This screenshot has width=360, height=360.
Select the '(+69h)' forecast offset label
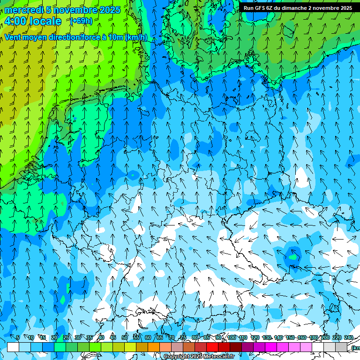(81, 21)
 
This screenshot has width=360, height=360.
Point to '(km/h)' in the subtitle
(136, 37)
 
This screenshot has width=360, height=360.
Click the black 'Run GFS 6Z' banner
(298, 8)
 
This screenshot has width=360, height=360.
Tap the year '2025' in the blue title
(110, 10)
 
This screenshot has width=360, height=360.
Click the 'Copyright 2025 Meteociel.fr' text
(199, 357)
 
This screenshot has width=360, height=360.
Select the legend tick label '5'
(18, 337)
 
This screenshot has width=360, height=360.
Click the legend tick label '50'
(125, 337)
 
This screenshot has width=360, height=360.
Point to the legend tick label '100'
(232, 337)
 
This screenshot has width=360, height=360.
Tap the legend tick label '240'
(348, 337)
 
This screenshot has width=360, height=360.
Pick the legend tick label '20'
(54, 337)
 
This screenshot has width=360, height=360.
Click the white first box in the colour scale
(13, 347)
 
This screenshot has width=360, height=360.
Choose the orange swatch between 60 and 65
(154, 347)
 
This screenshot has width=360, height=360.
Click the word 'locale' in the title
(47, 21)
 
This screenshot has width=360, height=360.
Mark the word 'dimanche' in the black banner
(293, 8)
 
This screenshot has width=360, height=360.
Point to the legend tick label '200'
(325, 337)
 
